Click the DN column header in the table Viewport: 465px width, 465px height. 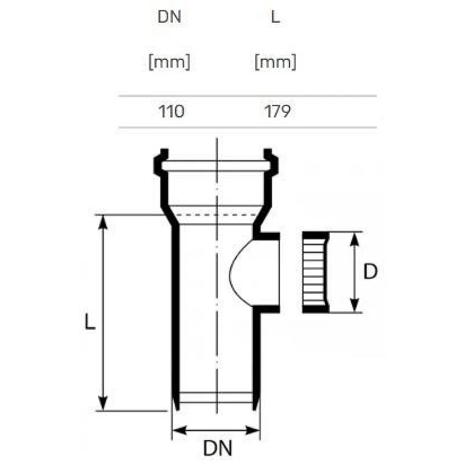(x=170, y=17)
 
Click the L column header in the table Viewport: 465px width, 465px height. (x=276, y=17)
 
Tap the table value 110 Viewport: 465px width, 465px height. (x=171, y=111)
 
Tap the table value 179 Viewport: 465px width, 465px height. (x=277, y=111)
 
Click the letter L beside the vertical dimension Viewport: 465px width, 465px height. (x=88, y=321)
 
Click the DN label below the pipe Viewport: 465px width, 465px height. (x=217, y=448)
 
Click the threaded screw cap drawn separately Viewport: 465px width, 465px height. (x=314, y=273)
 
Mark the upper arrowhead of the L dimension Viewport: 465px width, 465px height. (x=103, y=221)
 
